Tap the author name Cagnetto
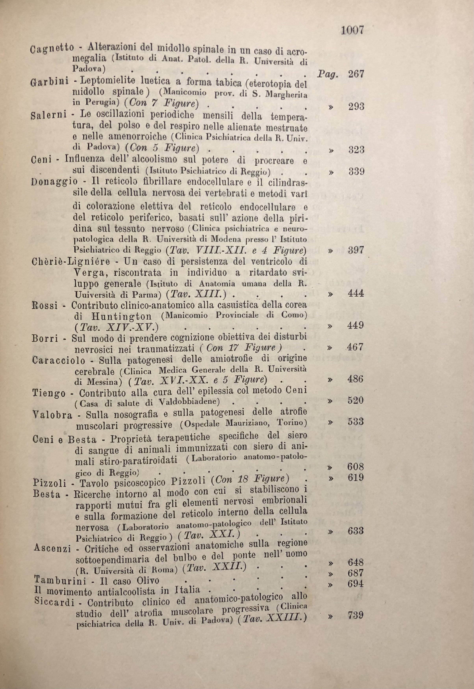(52, 48)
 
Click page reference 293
(356, 107)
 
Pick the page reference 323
(356, 150)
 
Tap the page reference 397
(356, 250)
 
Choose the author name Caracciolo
(58, 361)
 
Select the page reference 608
(355, 467)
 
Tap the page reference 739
(355, 614)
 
